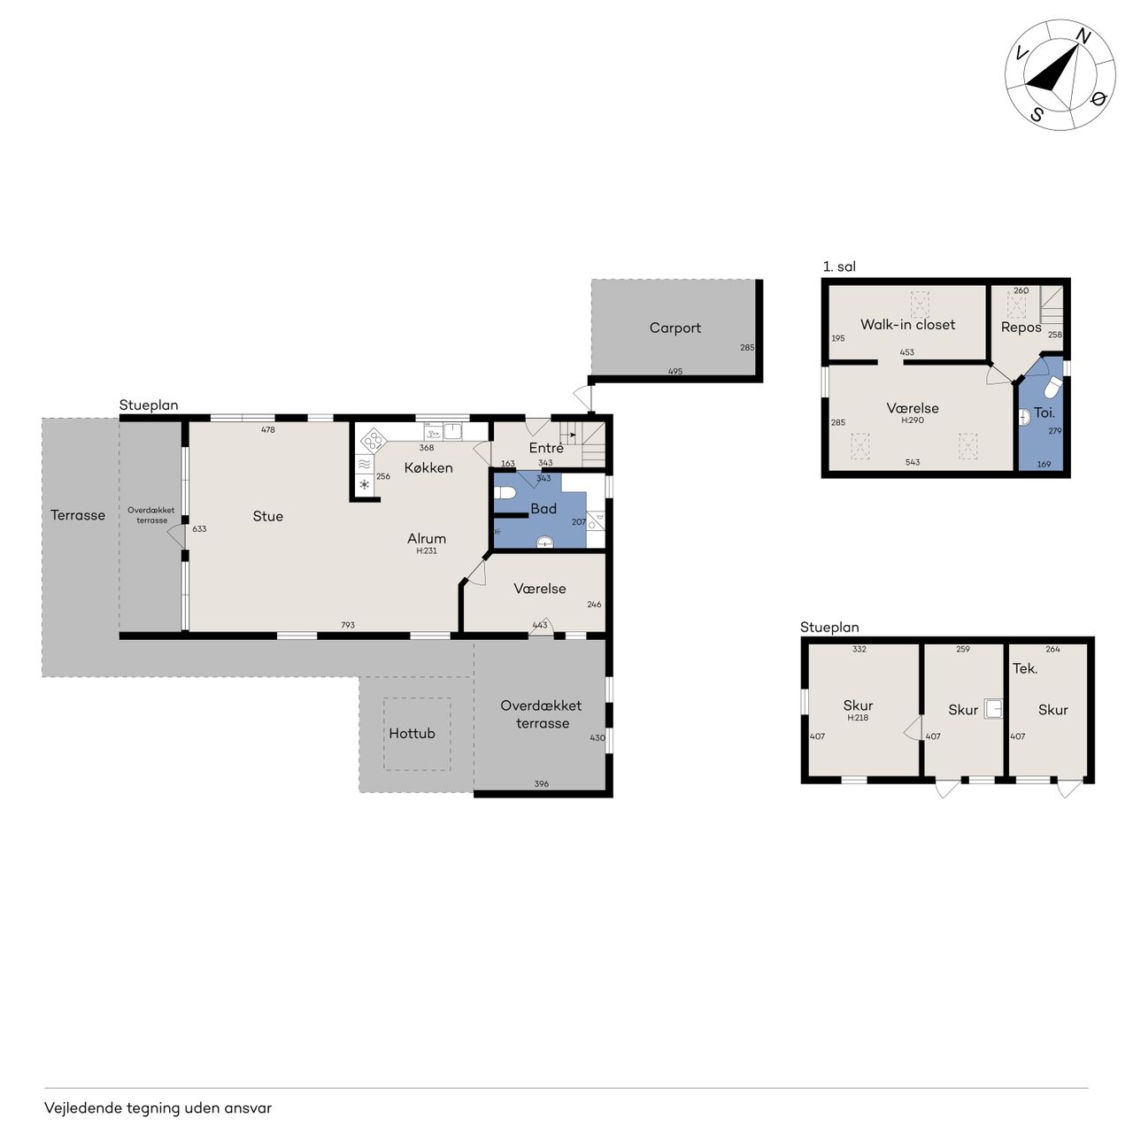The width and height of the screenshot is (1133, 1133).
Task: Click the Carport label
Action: pos(674,328)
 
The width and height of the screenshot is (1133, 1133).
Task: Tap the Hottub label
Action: pos(412,733)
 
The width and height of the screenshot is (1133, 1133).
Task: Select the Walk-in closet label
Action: pos(907,324)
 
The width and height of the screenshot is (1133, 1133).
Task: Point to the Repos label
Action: pos(1021,328)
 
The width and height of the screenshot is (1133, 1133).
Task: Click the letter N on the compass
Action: pos(1083,37)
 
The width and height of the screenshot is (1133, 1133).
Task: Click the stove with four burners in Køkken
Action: pos(374,440)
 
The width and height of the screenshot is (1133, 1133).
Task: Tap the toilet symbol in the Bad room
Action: pos(505,492)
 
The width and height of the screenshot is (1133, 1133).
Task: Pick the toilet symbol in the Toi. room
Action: pos(1052,387)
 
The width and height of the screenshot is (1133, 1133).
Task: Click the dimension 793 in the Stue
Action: pos(348,625)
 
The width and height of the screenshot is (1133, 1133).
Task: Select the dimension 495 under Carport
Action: pos(675,371)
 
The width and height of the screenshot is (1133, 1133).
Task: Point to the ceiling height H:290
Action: pos(913,420)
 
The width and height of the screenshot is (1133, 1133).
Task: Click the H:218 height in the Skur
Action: pos(857,717)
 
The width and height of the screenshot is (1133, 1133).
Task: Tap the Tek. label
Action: pos(1025,668)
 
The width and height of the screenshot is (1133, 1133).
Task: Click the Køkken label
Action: pos(428,467)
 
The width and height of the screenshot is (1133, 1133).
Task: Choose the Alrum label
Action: pos(427,538)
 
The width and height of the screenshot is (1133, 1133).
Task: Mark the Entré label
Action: pos(545,447)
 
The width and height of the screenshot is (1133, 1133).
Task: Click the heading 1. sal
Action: pos(839,266)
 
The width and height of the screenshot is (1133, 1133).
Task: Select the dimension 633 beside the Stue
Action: pos(199,528)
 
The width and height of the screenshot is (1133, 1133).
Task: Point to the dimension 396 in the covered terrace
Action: pos(541,783)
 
